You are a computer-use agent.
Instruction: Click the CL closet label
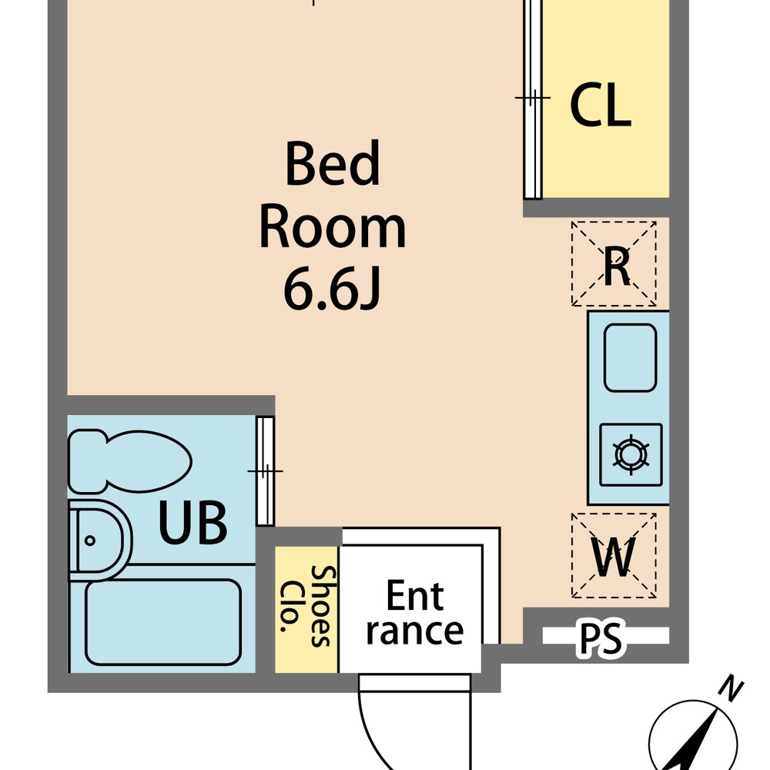click(x=600, y=105)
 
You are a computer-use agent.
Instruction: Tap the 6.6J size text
click(x=333, y=290)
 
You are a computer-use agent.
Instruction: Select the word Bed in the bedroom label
click(x=333, y=163)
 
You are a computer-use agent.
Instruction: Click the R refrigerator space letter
click(x=617, y=266)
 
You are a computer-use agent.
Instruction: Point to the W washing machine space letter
click(x=614, y=557)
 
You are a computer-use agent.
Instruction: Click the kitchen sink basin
click(x=630, y=357)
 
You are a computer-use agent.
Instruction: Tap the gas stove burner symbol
click(x=631, y=454)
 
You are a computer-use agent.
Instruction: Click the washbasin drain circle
click(x=89, y=541)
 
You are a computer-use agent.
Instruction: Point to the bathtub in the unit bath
click(x=163, y=622)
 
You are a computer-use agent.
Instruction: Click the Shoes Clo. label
click(x=307, y=606)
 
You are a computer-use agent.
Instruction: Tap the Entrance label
click(x=414, y=612)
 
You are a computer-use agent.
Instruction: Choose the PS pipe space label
click(x=601, y=638)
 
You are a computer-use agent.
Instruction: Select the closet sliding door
click(x=532, y=99)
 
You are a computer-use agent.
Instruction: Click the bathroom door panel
click(x=265, y=471)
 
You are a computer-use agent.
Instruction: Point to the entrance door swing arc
click(x=373, y=737)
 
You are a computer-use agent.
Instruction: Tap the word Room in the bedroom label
click(x=333, y=228)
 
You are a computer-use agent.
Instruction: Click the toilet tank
click(x=86, y=461)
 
